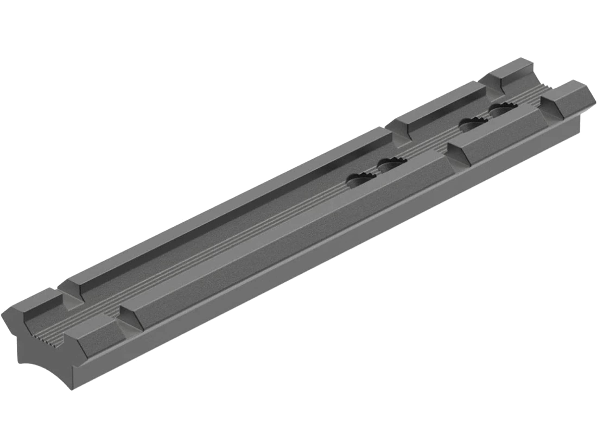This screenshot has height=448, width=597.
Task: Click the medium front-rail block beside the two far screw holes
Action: coord(497,130)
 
